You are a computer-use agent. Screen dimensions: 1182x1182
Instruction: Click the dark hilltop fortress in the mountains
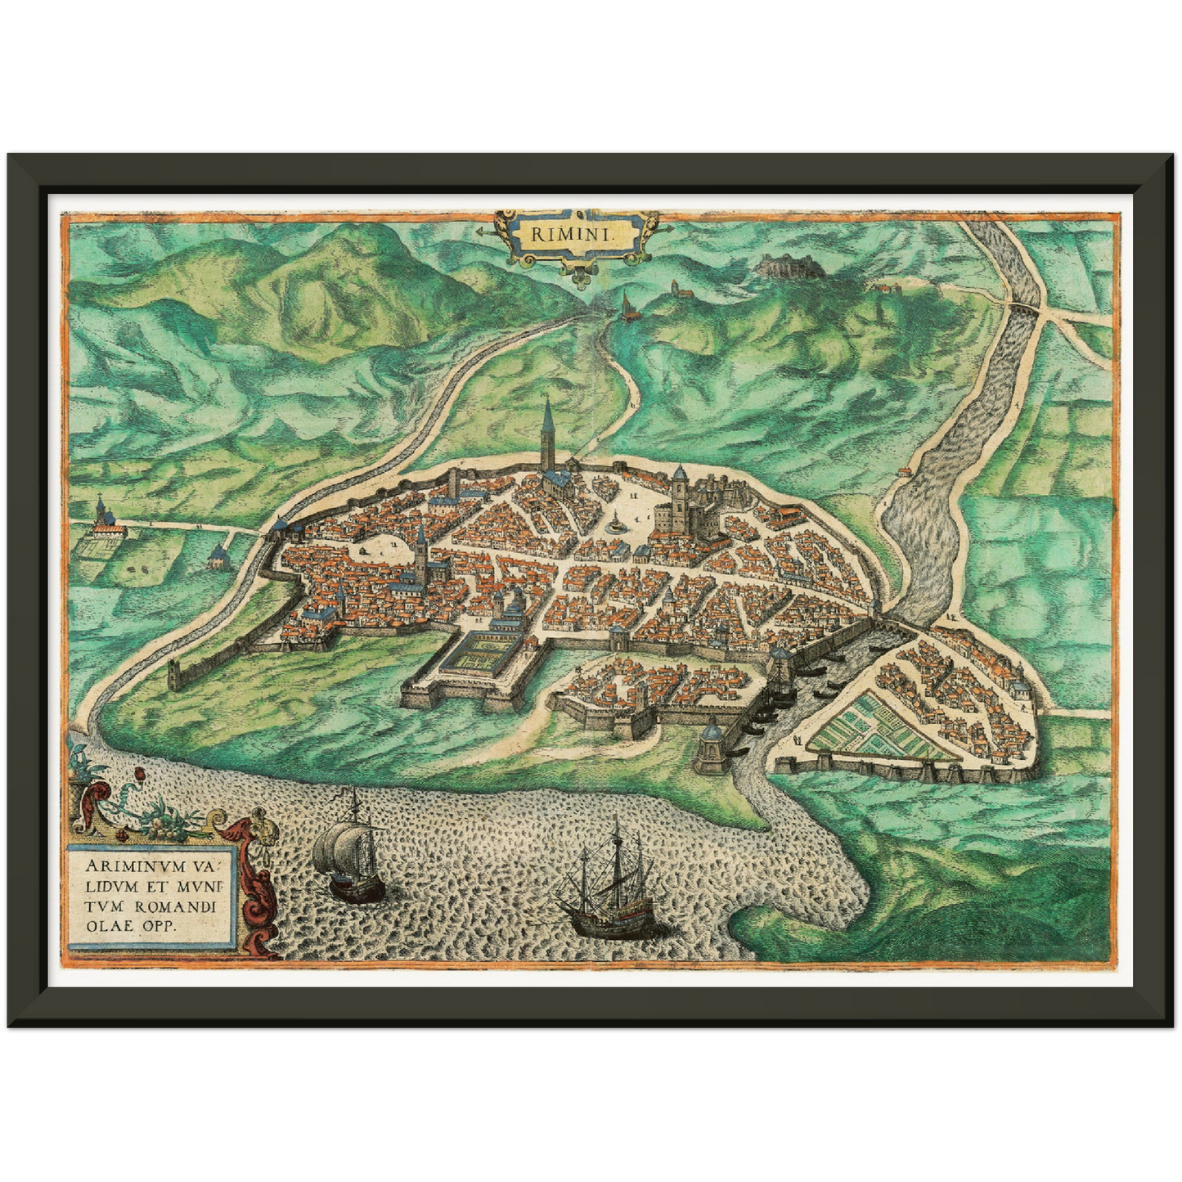[779, 264]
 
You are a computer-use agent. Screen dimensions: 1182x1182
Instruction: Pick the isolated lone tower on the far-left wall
[174, 675]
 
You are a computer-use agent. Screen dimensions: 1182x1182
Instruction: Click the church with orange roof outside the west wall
[105, 519]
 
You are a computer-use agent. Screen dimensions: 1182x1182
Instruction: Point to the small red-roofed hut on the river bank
[903, 471]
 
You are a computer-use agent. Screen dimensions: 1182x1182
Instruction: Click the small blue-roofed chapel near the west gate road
[218, 557]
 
